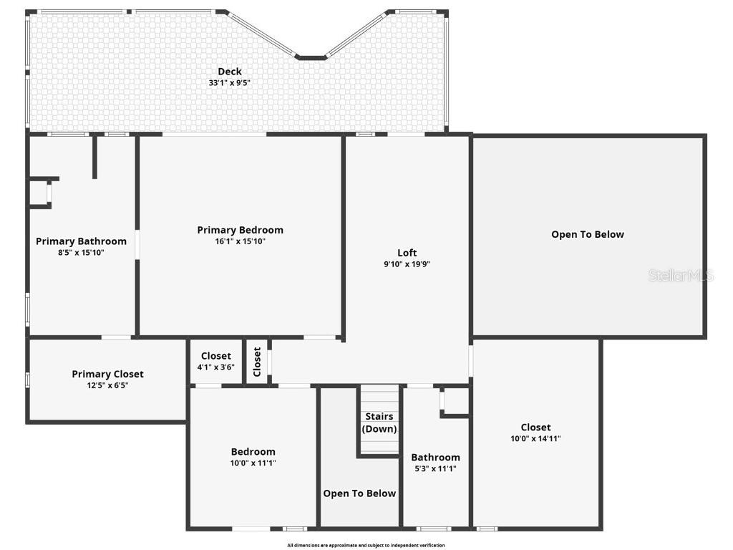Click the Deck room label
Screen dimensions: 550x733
click(230, 72)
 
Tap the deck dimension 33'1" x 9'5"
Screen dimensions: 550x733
click(230, 83)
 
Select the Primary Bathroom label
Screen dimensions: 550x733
click(81, 241)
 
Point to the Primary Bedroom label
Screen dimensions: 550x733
click(241, 230)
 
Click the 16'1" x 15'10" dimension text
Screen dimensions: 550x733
click(241, 241)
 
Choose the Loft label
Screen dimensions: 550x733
click(407, 253)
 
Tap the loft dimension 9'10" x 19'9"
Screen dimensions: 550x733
click(407, 264)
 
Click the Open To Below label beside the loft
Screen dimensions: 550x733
click(588, 234)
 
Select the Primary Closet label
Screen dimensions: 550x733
click(107, 374)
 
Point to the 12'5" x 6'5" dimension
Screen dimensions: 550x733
click(107, 385)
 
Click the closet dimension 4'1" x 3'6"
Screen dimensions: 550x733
click(216, 367)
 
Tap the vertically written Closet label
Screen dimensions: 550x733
click(257, 362)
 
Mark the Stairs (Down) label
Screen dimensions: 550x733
click(379, 423)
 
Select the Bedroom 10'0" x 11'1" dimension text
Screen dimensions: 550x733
click(253, 463)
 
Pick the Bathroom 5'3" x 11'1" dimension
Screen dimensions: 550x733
click(435, 469)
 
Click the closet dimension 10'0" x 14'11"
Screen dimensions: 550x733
click(535, 439)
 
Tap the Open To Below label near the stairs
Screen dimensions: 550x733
click(359, 493)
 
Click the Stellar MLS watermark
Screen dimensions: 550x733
click(681, 275)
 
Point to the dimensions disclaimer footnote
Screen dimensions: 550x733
click(366, 546)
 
